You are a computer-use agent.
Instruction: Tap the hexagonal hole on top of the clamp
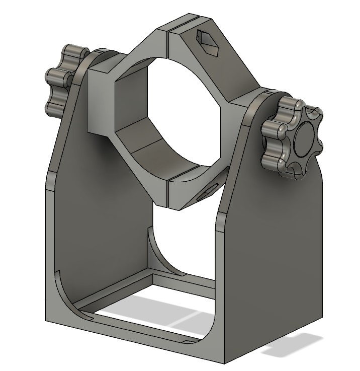[208, 40]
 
